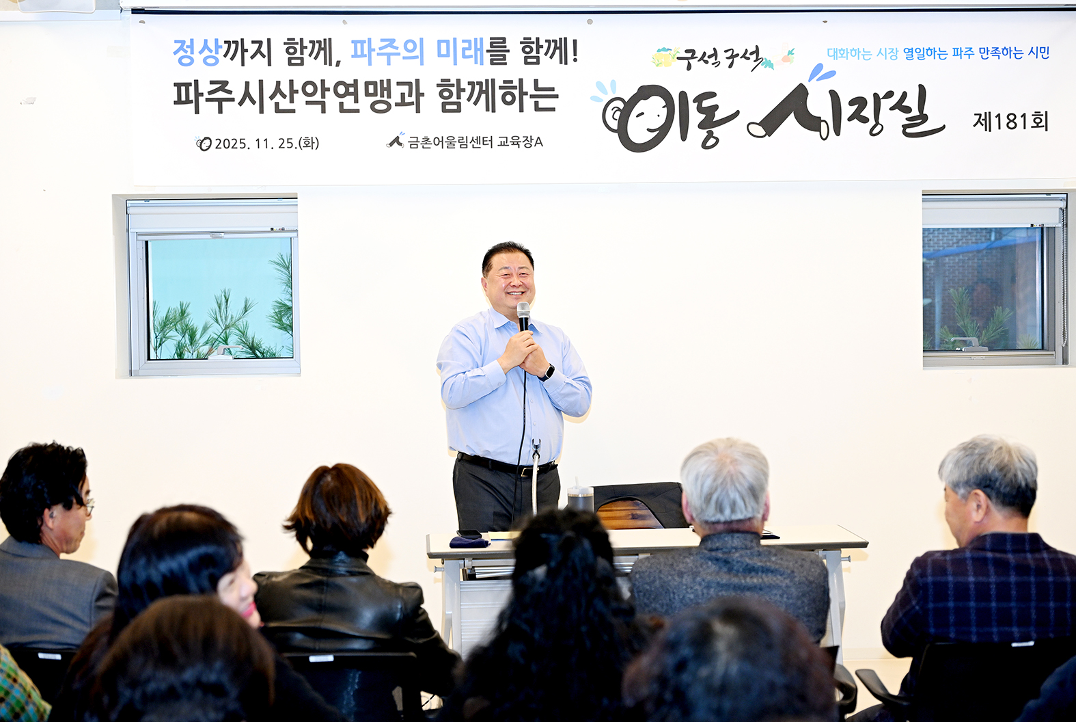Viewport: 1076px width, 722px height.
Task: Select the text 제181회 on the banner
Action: pos(1010,122)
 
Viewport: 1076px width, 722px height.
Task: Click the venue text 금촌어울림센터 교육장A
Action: pos(475,142)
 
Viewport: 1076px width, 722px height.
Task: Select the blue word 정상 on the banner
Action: pos(196,53)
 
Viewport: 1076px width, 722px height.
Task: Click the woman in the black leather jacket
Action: pos(342,567)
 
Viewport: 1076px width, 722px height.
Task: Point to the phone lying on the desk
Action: pos(469,533)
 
